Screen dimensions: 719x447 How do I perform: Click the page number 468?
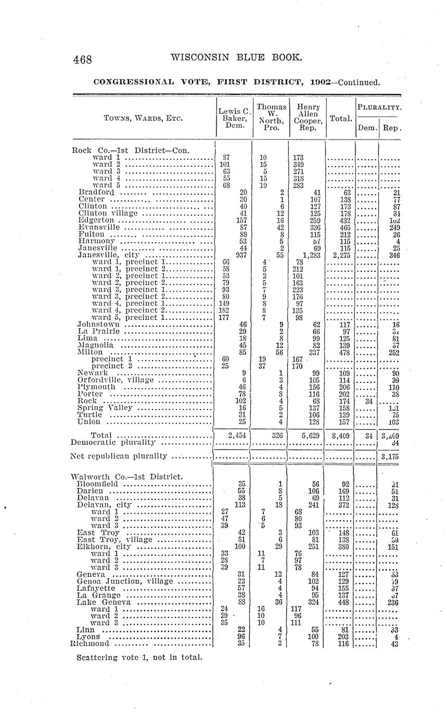click(x=83, y=59)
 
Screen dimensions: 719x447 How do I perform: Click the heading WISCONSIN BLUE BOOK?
click(x=236, y=57)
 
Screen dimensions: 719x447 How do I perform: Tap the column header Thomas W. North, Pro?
click(x=271, y=117)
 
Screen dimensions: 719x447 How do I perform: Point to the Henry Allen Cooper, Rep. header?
click(x=308, y=117)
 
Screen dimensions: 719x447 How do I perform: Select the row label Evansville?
click(x=99, y=227)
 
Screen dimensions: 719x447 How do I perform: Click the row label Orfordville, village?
click(x=116, y=380)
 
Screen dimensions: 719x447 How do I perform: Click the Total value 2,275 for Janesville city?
click(x=340, y=255)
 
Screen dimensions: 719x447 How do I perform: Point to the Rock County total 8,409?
click(x=340, y=435)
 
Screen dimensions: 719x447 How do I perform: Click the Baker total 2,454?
click(x=235, y=435)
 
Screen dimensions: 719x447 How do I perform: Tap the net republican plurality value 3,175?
click(x=389, y=456)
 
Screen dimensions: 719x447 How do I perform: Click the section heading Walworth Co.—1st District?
click(x=126, y=476)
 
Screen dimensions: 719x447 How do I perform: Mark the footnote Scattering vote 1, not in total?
click(x=138, y=656)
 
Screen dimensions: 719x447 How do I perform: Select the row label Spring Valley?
click(x=105, y=407)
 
